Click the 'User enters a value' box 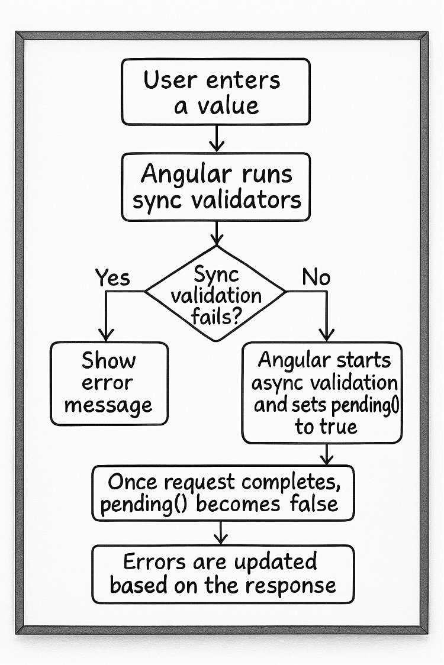tap(216, 92)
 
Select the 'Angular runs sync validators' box tap(216, 188)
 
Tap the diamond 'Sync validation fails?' tap(216, 293)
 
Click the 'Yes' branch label tap(112, 277)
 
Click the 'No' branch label tap(316, 277)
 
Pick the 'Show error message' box tap(109, 383)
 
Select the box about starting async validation tap(322, 393)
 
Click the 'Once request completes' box tap(223, 492)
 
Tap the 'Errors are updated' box tap(223, 573)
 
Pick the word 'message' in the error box tap(109, 406)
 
